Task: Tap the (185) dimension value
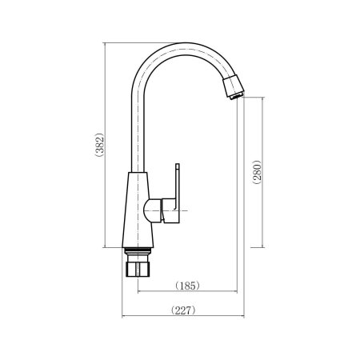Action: click(x=186, y=285)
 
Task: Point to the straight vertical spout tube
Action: click(x=138, y=128)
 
